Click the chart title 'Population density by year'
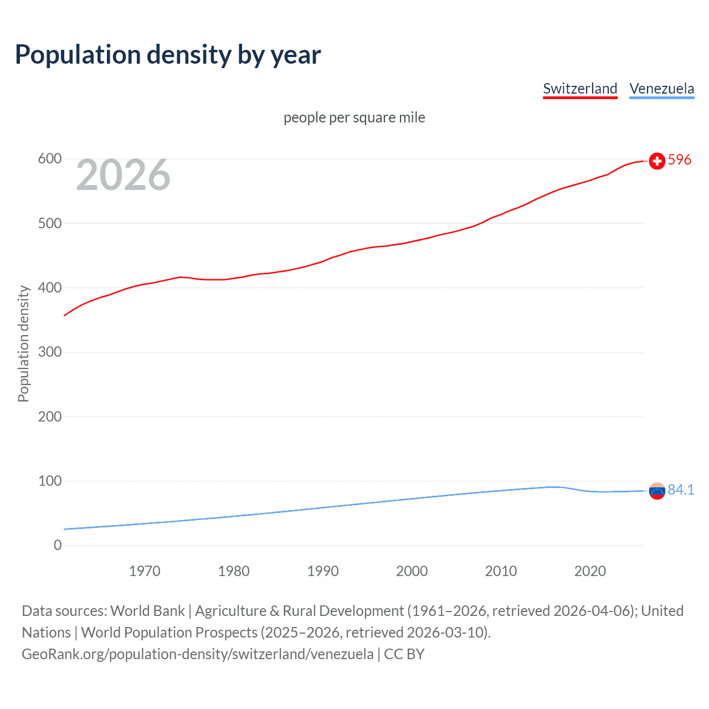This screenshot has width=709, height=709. [x=168, y=55]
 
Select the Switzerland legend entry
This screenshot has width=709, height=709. [x=580, y=89]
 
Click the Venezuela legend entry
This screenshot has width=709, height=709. [x=661, y=89]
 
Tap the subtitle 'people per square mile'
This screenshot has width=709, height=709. [x=354, y=117]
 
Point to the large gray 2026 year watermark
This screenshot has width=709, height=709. [x=123, y=176]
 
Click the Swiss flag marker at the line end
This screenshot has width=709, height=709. [x=657, y=161]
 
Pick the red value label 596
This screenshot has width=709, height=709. [x=680, y=160]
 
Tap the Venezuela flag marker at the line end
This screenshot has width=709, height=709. [x=657, y=491]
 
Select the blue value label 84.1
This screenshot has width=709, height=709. [x=681, y=490]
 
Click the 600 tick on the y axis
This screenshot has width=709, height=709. [x=49, y=159]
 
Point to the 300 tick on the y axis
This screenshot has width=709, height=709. [x=49, y=352]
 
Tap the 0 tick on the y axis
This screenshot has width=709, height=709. [x=58, y=545]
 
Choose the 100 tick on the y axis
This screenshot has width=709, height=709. [x=49, y=481]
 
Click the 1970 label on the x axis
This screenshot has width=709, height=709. [x=145, y=571]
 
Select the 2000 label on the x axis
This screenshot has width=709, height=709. [x=412, y=571]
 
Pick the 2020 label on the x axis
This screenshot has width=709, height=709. [x=590, y=571]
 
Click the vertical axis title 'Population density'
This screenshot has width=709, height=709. [x=23, y=343]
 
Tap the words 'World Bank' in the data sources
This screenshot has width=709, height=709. [x=147, y=611]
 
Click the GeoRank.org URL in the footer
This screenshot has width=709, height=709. [x=198, y=654]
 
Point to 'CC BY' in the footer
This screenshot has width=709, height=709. [x=404, y=654]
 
